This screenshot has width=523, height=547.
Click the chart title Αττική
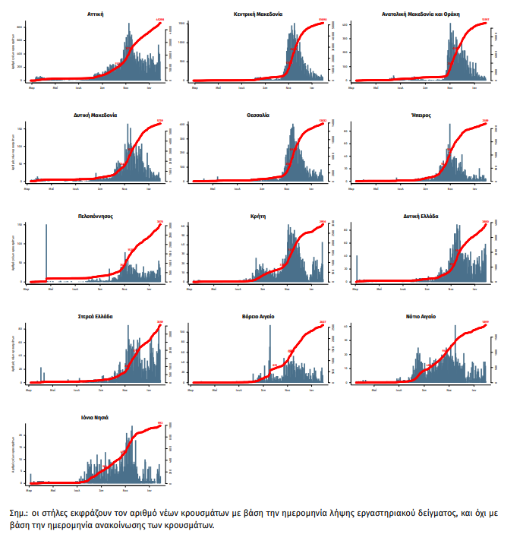(96, 14)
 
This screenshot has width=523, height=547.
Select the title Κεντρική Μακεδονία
(260, 14)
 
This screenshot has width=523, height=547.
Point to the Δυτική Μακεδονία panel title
(96, 115)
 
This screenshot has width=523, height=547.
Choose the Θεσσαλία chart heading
(260, 115)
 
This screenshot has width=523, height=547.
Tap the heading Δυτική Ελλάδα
(420, 216)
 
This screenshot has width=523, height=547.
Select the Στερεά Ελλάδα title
(96, 316)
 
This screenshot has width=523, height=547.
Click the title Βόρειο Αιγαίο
(260, 316)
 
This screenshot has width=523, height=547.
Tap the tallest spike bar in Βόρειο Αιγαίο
(269, 357)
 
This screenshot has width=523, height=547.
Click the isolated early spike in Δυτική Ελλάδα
(357, 268)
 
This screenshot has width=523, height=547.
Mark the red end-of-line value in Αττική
(159, 20)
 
